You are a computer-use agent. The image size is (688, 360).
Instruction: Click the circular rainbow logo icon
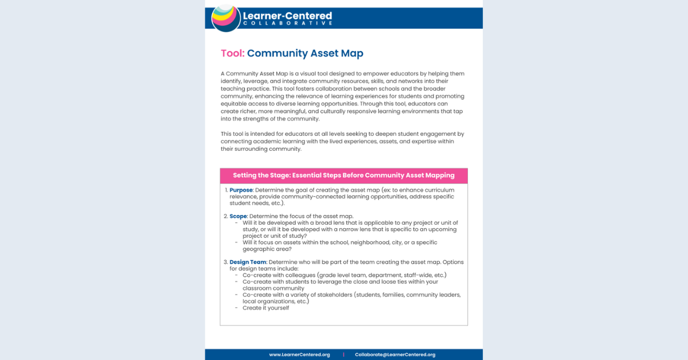click(226, 17)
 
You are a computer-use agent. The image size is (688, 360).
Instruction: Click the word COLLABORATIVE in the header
click(287, 23)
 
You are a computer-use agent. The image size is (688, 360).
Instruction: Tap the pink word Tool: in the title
click(233, 53)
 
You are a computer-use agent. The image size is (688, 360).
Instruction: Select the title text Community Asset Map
click(305, 53)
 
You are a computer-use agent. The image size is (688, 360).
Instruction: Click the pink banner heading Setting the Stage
click(343, 175)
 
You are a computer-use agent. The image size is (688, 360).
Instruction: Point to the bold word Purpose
click(241, 190)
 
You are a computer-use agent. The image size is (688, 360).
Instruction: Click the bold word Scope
click(238, 216)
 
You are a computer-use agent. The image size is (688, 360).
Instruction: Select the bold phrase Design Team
click(248, 262)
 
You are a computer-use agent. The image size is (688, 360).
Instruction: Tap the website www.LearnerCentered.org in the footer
click(299, 354)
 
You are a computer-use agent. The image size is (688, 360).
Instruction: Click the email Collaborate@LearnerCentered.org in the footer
click(395, 354)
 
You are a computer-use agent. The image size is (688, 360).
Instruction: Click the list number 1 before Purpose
click(226, 190)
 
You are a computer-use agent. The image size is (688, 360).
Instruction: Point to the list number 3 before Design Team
click(226, 262)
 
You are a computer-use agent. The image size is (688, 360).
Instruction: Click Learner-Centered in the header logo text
click(287, 15)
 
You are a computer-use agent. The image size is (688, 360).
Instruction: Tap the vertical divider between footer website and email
click(343, 354)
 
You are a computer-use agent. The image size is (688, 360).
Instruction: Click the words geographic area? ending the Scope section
click(267, 249)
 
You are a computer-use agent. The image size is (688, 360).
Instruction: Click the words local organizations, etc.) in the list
click(276, 301)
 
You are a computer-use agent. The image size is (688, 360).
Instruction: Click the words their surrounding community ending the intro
click(261, 148)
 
